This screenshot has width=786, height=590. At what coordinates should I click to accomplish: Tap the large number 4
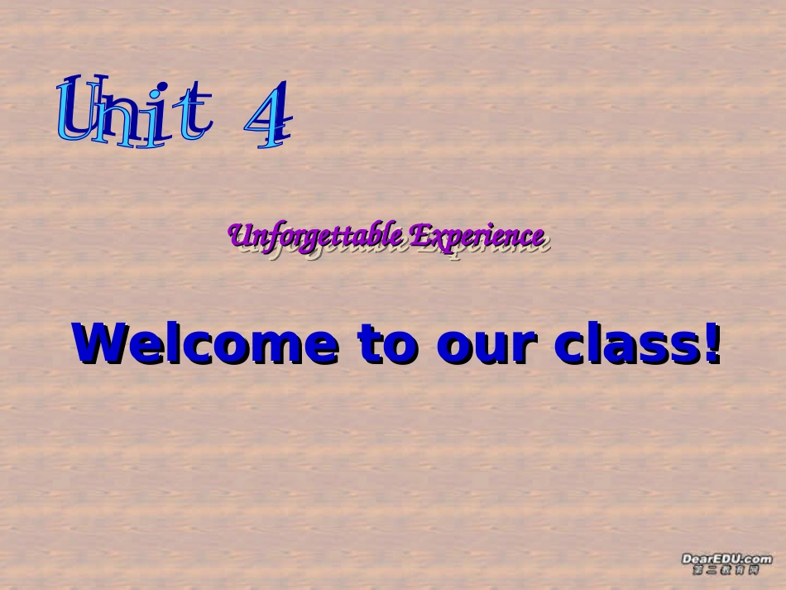tap(268, 116)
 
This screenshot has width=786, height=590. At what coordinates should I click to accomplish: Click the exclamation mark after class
tap(712, 343)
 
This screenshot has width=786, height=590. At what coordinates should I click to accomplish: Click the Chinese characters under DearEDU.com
tap(726, 570)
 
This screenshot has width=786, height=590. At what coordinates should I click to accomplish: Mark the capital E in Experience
tap(419, 235)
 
